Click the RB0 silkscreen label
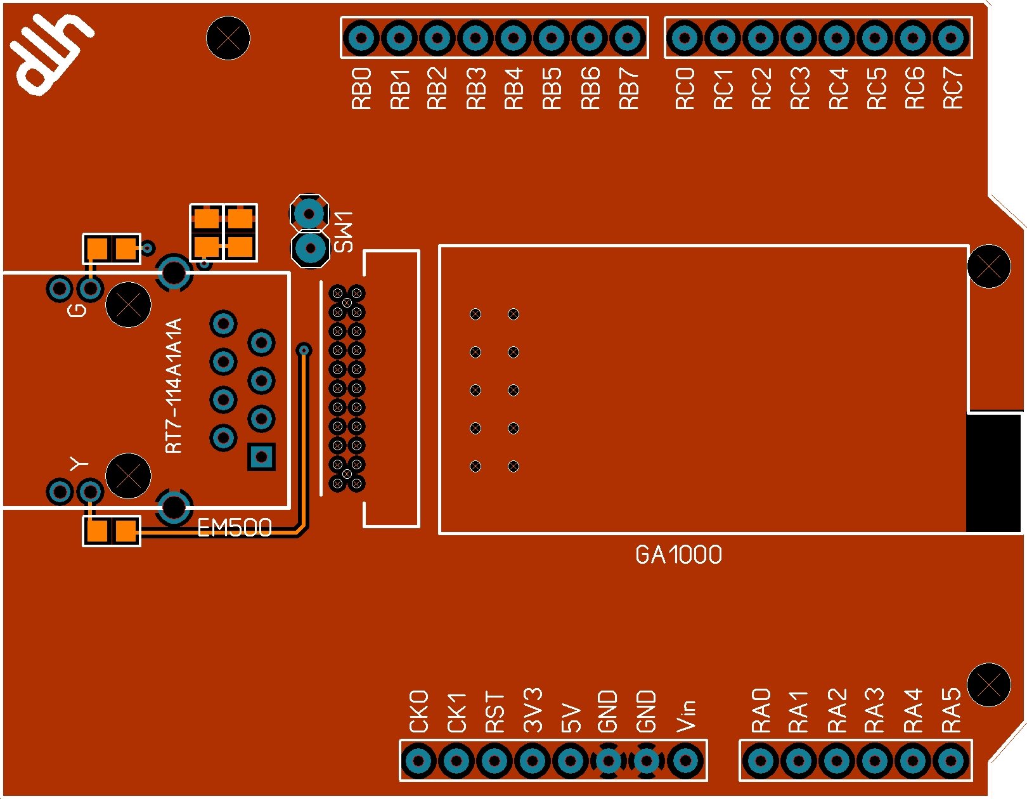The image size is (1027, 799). pos(361,89)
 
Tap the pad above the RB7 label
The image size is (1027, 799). pos(628,38)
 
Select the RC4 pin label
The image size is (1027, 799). pos(838,89)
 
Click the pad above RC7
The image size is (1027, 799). pos(951,38)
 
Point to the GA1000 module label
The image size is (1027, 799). pos(678,555)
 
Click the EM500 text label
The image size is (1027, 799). pos(235,528)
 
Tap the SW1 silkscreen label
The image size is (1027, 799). pos(344,232)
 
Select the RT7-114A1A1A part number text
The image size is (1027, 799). pos(174,386)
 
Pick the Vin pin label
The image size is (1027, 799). pos(686,715)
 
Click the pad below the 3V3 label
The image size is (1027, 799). pos(533,760)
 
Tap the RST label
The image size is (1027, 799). pos(494,712)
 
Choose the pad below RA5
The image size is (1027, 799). pos(950,760)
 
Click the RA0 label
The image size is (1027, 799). pos(761,710)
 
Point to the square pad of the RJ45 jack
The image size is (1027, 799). pos(261,456)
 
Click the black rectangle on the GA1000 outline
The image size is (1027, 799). pos(993,472)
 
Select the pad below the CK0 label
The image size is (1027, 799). pos(418,760)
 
